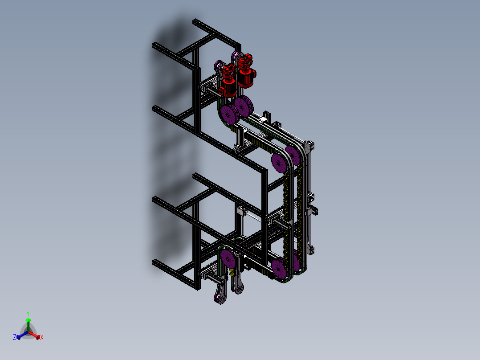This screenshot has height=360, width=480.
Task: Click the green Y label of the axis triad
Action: click(x=28, y=313)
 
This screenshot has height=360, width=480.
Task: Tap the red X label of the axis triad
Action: click(x=42, y=338)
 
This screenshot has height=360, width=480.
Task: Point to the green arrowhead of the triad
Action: click(x=28, y=320)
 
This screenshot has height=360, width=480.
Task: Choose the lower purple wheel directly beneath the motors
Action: click(x=229, y=114)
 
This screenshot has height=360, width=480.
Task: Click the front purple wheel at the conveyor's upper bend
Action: click(x=278, y=162)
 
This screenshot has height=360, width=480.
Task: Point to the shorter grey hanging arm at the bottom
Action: click(x=239, y=285)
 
